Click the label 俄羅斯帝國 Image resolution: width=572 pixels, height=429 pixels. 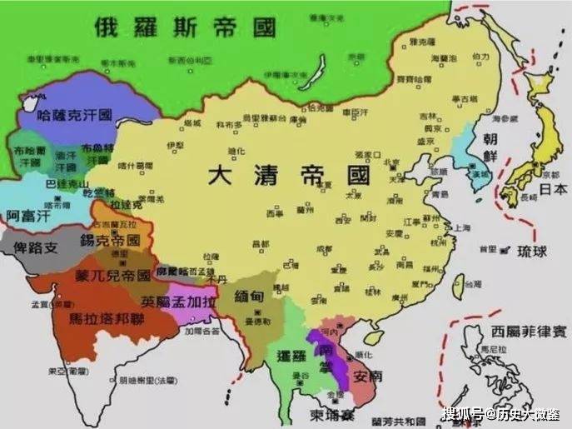coord(184,27)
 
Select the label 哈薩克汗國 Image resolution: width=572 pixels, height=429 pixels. coord(76,114)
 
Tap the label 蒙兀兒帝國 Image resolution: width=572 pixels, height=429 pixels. coord(112,274)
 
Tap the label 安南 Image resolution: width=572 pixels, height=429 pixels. coord(366,377)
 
